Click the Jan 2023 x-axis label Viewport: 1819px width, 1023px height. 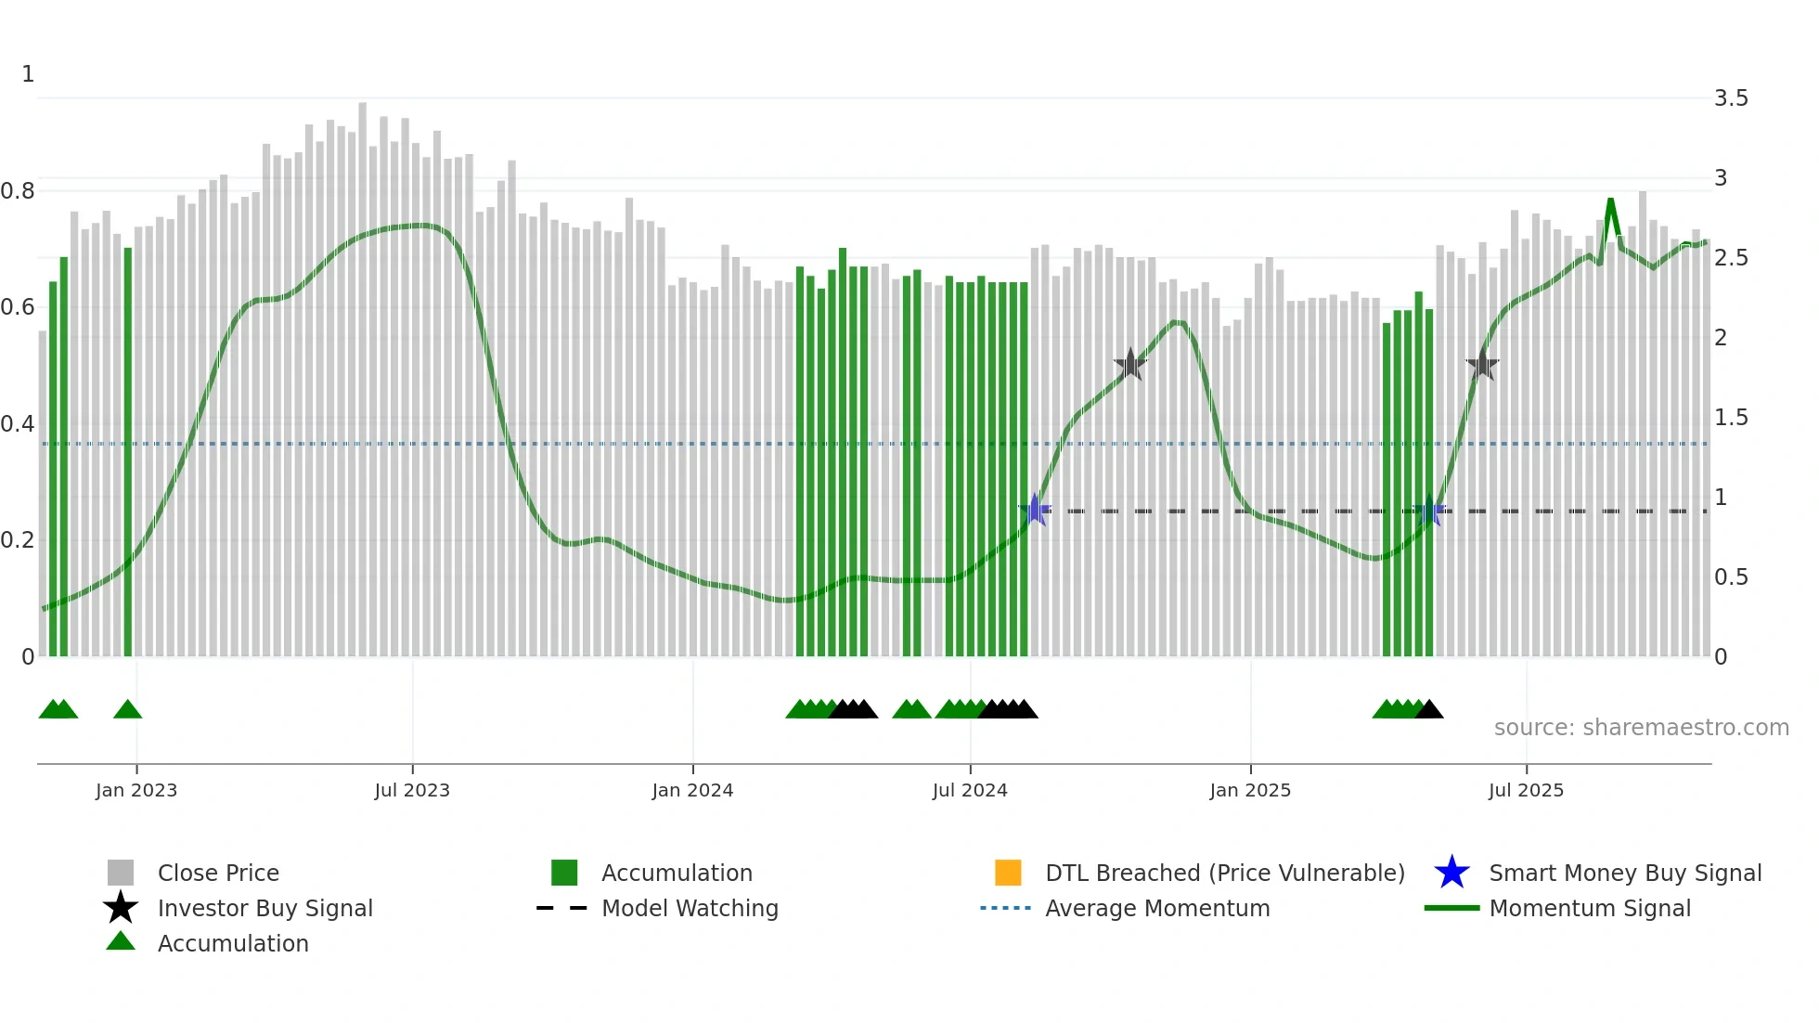[135, 790]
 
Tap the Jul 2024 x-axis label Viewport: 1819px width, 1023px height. [969, 790]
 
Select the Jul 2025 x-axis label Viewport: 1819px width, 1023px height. [1526, 790]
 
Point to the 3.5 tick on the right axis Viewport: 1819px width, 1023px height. [1730, 98]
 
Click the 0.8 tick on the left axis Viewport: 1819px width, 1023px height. [18, 191]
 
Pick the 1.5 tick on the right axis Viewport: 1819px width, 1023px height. [1730, 418]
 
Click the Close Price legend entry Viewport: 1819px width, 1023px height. [218, 873]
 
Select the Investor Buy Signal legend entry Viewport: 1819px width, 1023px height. [264, 908]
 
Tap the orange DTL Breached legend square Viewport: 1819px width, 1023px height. [1007, 873]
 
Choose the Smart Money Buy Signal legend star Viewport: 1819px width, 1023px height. [1451, 873]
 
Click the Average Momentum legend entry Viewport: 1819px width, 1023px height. [1156, 908]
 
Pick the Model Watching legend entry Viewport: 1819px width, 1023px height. [689, 908]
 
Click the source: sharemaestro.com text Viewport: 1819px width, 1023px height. [1641, 728]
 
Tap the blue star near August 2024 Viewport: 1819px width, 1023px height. [1035, 511]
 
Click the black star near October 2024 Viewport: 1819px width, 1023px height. [1130, 365]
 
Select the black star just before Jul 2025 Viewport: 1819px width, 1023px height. [1482, 365]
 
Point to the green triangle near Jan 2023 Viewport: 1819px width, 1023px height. [127, 710]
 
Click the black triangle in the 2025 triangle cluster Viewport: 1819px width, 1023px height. [1429, 710]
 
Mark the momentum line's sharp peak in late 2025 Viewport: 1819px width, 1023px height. [1610, 201]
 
